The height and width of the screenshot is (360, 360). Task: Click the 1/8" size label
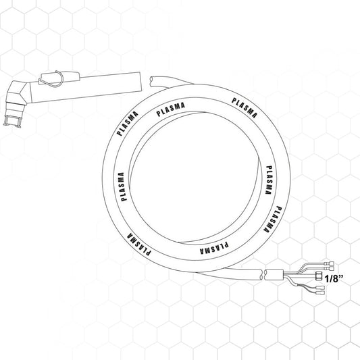(334, 279)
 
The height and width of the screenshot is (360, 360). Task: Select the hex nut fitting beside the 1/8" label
(319, 276)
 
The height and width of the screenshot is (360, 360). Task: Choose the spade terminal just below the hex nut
(320, 288)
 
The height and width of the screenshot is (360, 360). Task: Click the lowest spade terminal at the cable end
(320, 293)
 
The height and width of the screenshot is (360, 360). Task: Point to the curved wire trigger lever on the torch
(52, 79)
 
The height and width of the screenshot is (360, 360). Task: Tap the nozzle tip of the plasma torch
(12, 121)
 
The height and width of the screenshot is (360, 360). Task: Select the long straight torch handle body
(85, 88)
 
